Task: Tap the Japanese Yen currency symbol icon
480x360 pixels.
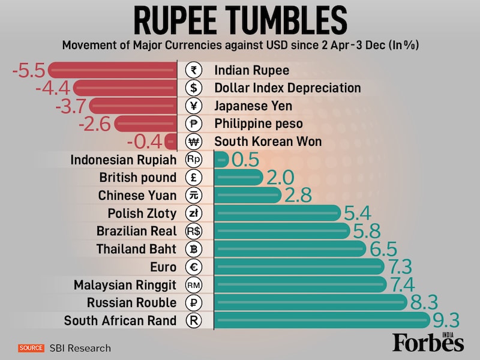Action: click(193, 106)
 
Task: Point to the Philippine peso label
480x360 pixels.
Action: click(259, 124)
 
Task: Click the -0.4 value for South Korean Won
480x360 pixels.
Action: click(143, 142)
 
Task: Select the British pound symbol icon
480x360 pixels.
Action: click(193, 178)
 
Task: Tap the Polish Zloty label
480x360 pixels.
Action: click(142, 213)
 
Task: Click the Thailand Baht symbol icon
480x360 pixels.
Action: click(193, 249)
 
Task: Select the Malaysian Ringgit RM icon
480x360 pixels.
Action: click(193, 284)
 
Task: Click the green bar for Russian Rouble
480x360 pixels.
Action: click(311, 302)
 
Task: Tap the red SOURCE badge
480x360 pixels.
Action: click(31, 348)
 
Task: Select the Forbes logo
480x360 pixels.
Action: click(428, 342)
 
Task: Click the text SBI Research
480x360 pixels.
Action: click(80, 348)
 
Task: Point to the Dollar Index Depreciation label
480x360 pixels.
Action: click(287, 88)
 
